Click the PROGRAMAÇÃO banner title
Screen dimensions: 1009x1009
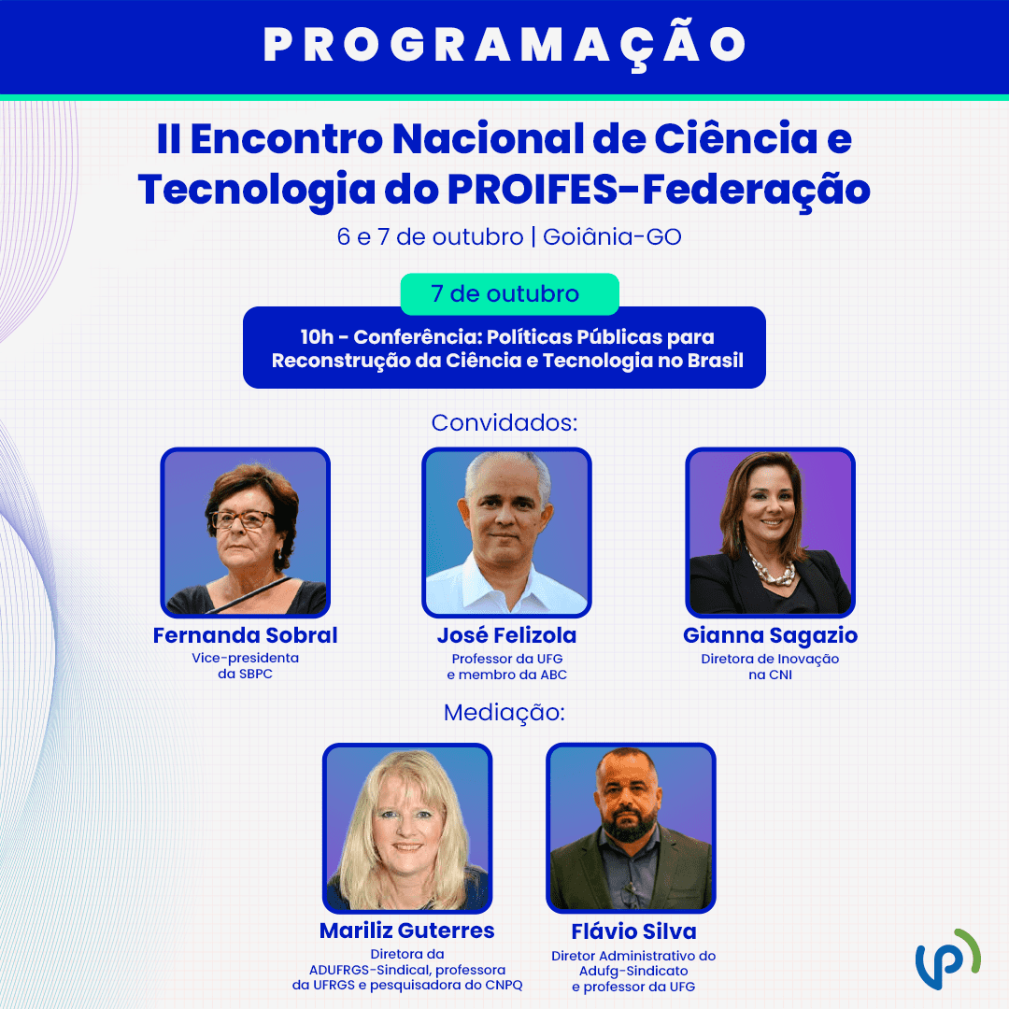[504, 46]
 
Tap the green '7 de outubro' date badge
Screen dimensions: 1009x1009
[510, 293]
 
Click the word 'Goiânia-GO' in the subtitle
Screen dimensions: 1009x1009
[612, 236]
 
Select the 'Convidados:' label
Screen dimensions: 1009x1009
[504, 423]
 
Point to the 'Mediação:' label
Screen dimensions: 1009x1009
[504, 712]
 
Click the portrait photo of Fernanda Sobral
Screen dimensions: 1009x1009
[245, 533]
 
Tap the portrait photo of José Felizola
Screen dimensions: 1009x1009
[506, 533]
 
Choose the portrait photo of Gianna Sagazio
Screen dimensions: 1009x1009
[770, 533]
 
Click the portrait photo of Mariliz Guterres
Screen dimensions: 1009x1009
[407, 828]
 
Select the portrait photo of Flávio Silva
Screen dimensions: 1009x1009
[631, 828]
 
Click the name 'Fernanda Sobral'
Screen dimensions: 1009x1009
[245, 635]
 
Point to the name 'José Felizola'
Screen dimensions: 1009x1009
[507, 635]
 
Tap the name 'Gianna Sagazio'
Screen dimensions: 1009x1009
[770, 636]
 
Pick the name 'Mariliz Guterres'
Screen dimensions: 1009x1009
[407, 931]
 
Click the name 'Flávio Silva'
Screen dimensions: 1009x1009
[633, 931]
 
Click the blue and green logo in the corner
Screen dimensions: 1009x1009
[948, 959]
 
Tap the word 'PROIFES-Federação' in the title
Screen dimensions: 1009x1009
[659, 191]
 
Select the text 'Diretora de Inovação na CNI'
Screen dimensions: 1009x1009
[770, 667]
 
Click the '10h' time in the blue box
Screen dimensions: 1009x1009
[317, 337]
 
